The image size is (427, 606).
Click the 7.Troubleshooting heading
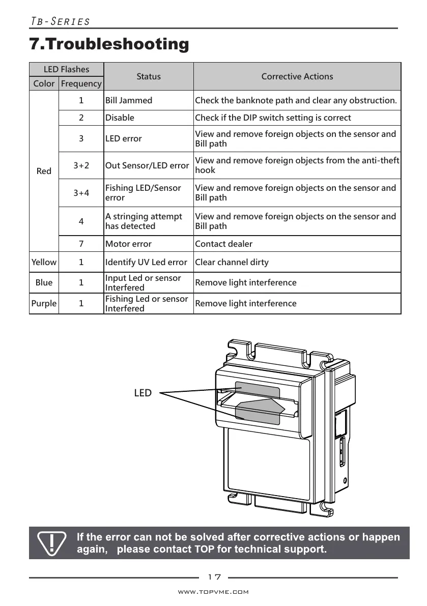109,44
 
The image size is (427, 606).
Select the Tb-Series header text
61,21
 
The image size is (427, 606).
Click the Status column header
149,76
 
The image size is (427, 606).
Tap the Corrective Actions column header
297,76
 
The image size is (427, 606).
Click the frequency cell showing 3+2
81,165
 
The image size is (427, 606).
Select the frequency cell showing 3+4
81,193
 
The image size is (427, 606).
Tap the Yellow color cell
44,262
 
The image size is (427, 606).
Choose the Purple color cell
44,303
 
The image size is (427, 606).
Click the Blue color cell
44,282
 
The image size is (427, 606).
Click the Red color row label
44,171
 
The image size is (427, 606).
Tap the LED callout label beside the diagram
143,393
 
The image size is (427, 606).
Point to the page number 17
214,577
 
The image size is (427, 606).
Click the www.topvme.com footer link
213,592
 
